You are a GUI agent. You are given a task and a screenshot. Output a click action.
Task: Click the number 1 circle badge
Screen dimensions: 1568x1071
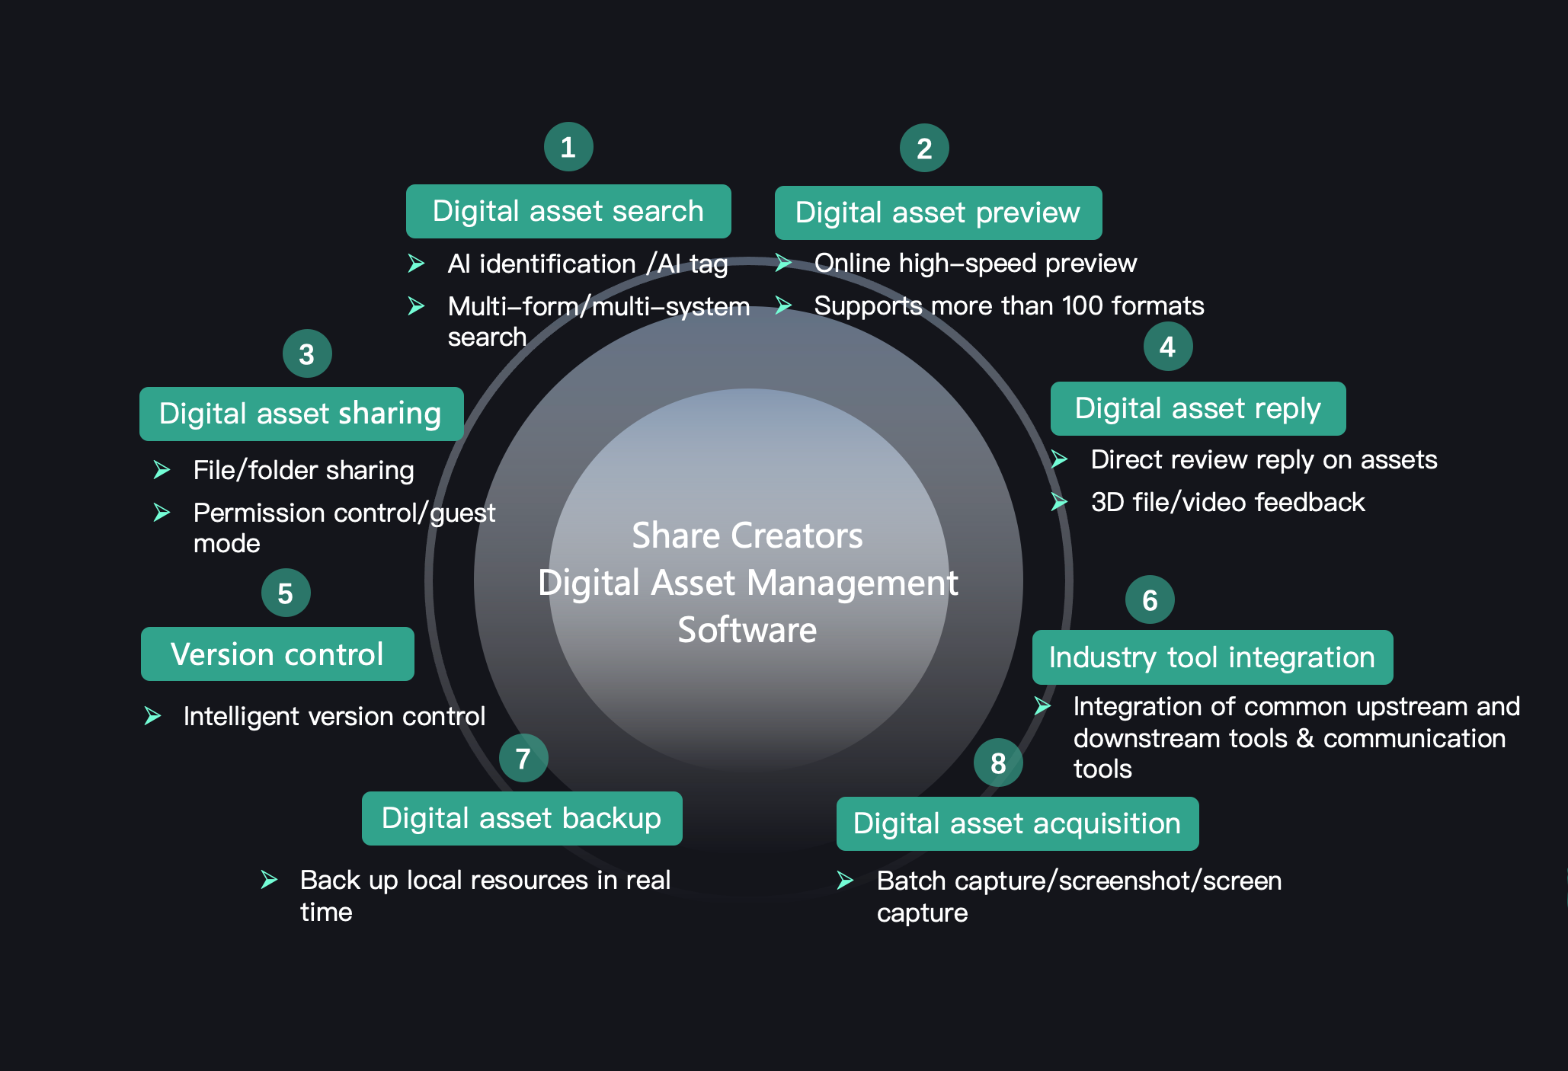(568, 147)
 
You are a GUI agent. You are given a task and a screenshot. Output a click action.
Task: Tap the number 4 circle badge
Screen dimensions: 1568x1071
(1167, 347)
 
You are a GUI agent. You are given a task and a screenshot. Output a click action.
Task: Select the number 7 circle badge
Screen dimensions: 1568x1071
(523, 758)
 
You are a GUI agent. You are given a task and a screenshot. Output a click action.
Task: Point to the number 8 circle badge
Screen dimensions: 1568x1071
(997, 762)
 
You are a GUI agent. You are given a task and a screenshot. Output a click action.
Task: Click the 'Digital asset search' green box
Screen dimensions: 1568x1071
(568, 211)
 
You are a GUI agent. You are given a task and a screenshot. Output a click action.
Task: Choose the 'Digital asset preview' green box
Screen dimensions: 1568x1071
(937, 213)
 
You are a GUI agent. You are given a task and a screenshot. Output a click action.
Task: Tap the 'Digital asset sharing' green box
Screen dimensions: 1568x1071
(301, 414)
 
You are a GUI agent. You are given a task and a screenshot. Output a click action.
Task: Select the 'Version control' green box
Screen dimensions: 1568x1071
(277, 654)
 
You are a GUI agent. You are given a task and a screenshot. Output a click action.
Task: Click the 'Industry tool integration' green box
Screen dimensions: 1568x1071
(1211, 657)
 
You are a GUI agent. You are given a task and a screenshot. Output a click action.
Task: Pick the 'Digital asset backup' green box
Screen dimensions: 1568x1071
(521, 818)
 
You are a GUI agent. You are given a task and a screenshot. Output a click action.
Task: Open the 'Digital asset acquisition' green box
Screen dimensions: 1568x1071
(1016, 823)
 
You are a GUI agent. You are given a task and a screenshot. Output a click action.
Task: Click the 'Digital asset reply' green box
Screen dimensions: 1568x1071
(1197, 408)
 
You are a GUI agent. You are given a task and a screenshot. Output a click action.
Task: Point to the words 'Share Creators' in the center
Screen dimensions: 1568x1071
(747, 535)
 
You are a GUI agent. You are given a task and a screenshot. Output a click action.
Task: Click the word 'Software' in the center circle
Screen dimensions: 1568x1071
(747, 630)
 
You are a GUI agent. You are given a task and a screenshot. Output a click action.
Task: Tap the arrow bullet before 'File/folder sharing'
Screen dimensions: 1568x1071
(162, 470)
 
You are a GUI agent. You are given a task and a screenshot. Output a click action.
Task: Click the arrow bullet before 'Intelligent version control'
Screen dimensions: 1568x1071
(152, 716)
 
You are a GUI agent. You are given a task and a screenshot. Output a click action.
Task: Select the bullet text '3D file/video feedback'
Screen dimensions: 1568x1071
(1227, 503)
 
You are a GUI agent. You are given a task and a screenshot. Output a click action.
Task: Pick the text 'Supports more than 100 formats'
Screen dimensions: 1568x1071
(1009, 305)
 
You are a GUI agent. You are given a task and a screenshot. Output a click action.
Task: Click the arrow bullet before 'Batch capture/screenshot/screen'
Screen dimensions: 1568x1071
(845, 881)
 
